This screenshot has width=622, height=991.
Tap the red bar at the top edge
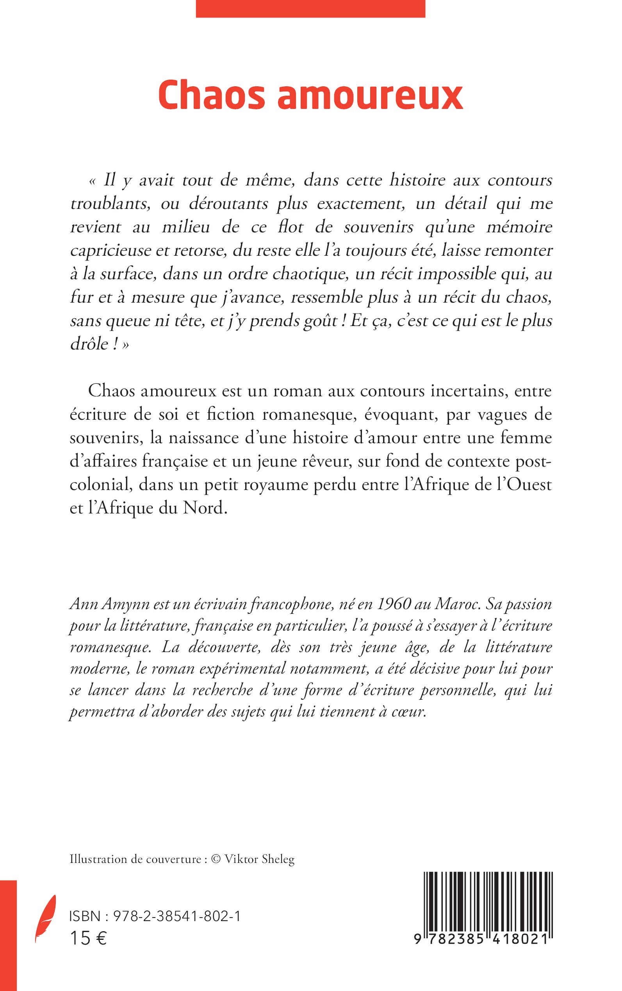click(310, 8)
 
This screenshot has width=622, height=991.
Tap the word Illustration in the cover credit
click(98, 859)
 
